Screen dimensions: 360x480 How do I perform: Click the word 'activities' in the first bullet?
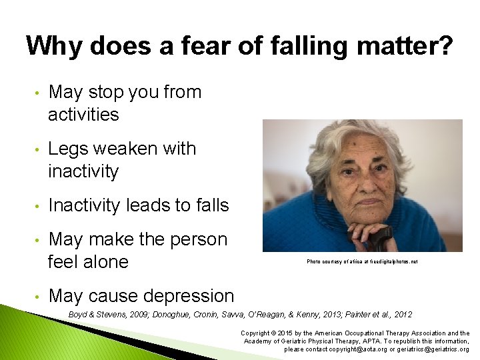pos(83,115)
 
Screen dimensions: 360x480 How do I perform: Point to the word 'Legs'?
pos(70,148)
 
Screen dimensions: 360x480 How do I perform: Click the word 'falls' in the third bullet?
pos(209,205)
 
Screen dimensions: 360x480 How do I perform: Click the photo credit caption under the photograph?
pos(362,262)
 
